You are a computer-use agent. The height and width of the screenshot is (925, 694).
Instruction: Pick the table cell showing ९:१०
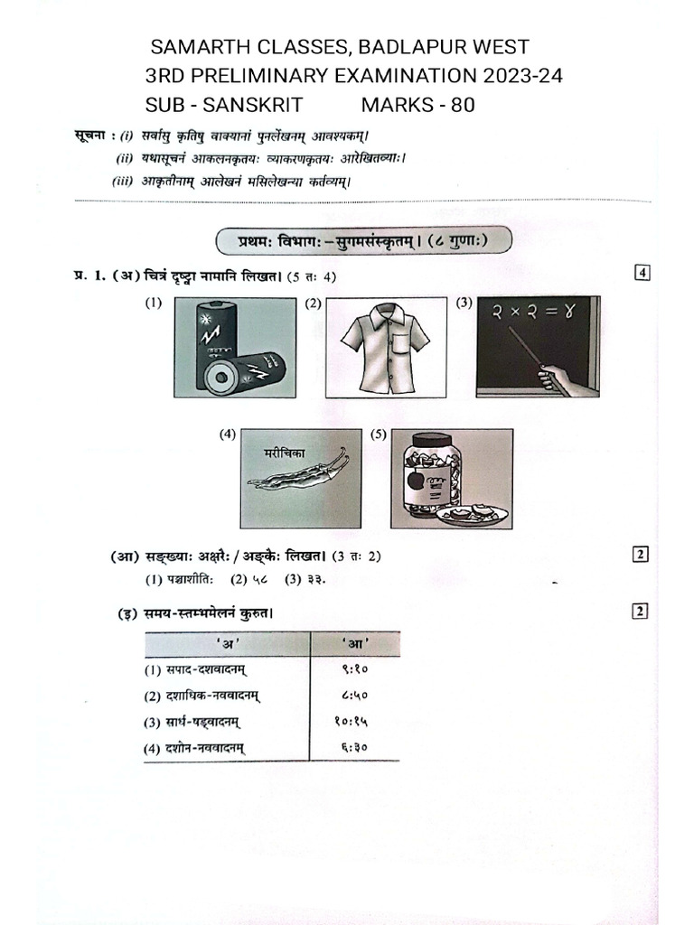coord(354,670)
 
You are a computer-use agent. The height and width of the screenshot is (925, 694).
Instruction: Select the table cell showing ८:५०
coord(354,696)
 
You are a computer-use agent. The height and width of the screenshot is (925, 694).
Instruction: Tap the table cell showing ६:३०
coord(354,748)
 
